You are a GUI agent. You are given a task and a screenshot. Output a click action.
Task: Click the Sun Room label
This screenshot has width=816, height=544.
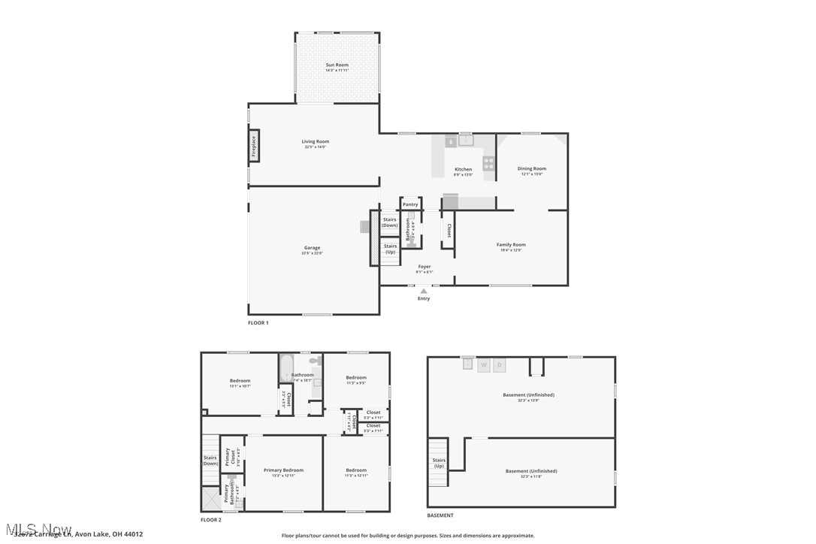pos(337,65)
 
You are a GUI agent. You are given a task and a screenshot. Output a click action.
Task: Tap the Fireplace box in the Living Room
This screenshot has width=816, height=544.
pos(254,146)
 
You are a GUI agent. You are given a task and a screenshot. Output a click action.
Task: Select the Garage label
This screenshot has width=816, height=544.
pos(312,248)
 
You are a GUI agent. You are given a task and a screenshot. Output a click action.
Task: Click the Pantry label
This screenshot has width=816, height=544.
pos(410,204)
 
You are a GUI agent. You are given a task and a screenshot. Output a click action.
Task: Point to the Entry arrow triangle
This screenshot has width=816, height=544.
pos(424,291)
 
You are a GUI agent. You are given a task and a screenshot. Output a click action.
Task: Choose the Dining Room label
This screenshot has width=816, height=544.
pos(531,168)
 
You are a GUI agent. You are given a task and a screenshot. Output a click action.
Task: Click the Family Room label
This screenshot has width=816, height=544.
pos(511,244)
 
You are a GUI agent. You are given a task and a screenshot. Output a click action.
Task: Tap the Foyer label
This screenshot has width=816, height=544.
pos(425,266)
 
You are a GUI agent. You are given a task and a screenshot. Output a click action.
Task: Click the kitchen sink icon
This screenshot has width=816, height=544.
pos(466,140)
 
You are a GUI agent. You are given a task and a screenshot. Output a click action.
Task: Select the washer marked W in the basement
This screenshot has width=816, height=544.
pos(484,365)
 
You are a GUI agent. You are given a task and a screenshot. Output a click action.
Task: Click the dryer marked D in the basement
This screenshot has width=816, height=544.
pos(500,365)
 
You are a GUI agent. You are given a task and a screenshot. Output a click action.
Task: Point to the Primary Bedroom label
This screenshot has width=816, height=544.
pos(283,470)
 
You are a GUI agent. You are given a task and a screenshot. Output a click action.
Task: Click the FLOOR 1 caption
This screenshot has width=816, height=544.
pos(258,323)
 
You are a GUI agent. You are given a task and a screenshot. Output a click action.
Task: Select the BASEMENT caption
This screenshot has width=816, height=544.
pos(440,515)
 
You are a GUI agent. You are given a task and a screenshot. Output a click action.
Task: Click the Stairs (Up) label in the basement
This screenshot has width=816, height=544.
pos(439,463)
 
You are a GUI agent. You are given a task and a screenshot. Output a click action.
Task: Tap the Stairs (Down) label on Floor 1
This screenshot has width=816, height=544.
pos(389,222)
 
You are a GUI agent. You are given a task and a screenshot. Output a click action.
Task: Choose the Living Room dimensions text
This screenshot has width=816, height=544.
pos(316,147)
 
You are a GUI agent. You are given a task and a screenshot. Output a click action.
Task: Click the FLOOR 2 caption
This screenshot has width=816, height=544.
pos(211,520)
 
